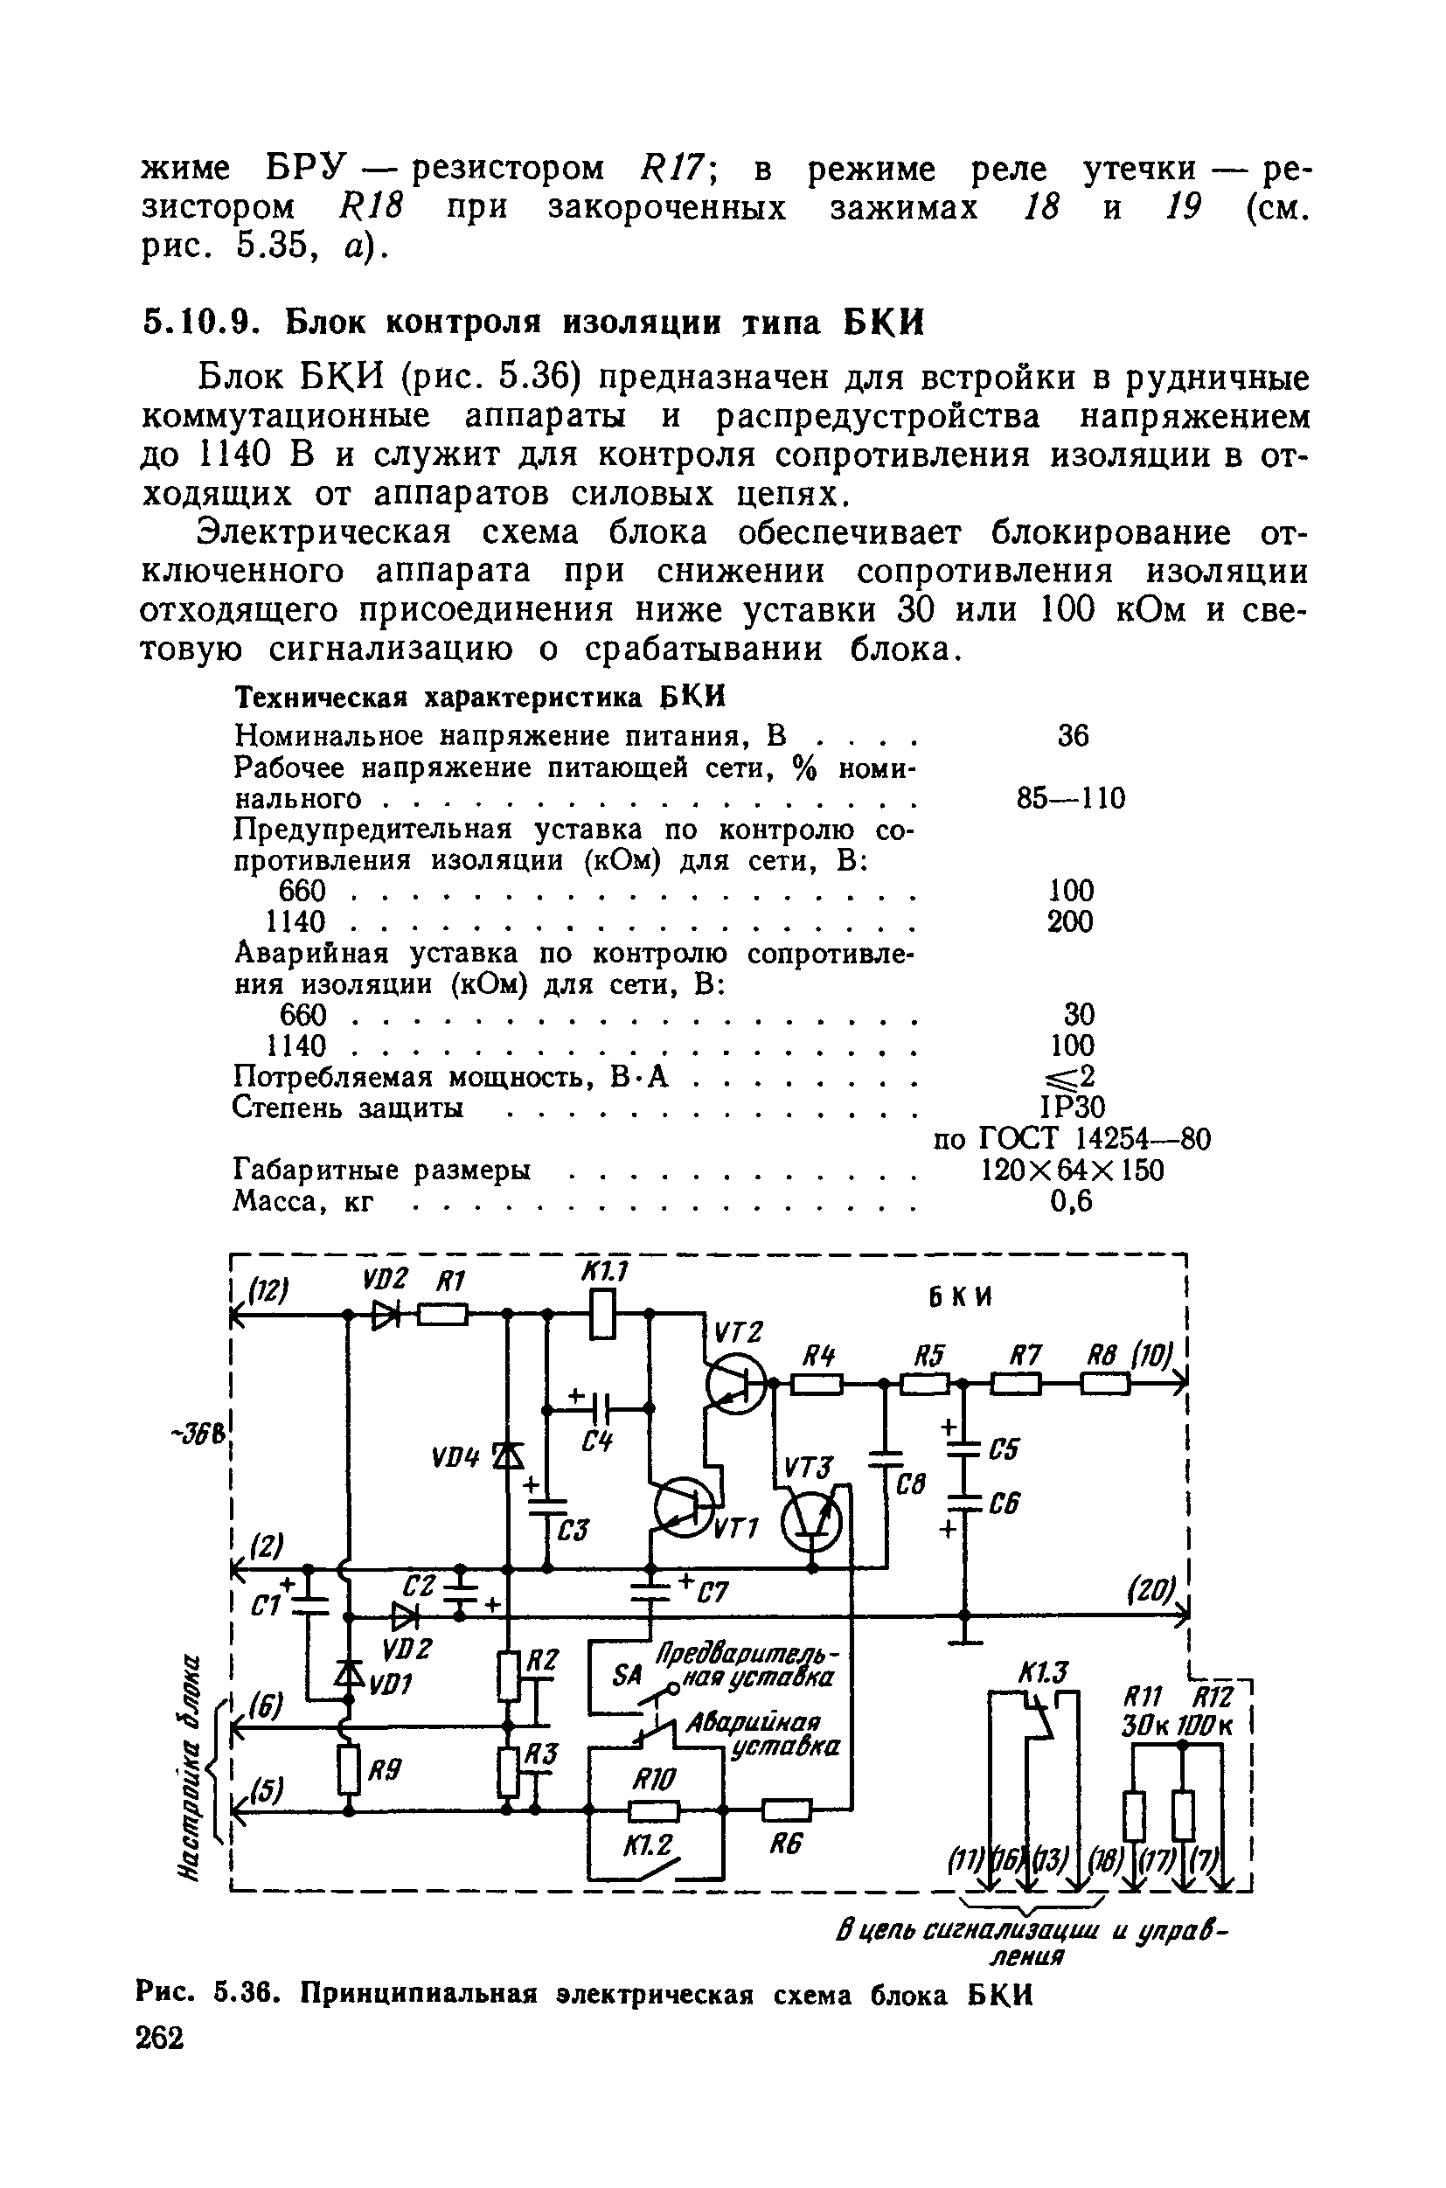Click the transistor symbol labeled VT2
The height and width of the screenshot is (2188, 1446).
(735, 1383)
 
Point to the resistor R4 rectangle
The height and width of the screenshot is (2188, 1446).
(817, 1383)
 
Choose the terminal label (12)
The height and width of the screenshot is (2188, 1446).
(268, 1292)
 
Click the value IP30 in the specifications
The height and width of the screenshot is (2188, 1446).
(1072, 1107)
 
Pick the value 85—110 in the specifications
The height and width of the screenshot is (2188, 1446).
(1071, 798)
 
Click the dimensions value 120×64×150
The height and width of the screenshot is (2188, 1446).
(1072, 1171)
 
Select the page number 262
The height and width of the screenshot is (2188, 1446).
(161, 2038)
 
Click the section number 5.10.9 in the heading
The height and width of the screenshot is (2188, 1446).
(197, 323)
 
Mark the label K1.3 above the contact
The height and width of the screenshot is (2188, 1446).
(1043, 1671)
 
